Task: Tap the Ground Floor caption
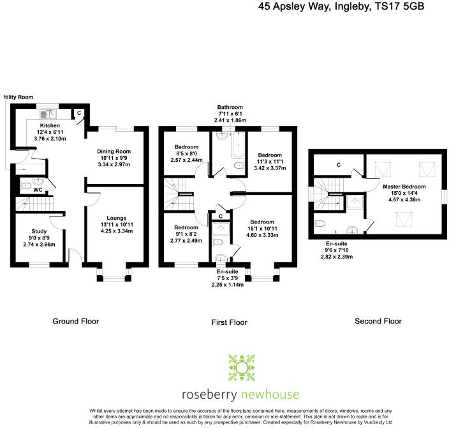coord(76,321)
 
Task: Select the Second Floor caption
coord(378,321)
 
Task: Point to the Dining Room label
coord(114,151)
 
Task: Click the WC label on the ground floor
coord(39,190)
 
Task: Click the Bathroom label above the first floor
coord(230,107)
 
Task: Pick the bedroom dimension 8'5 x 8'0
coord(186,153)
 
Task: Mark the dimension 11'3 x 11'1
coord(270,162)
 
